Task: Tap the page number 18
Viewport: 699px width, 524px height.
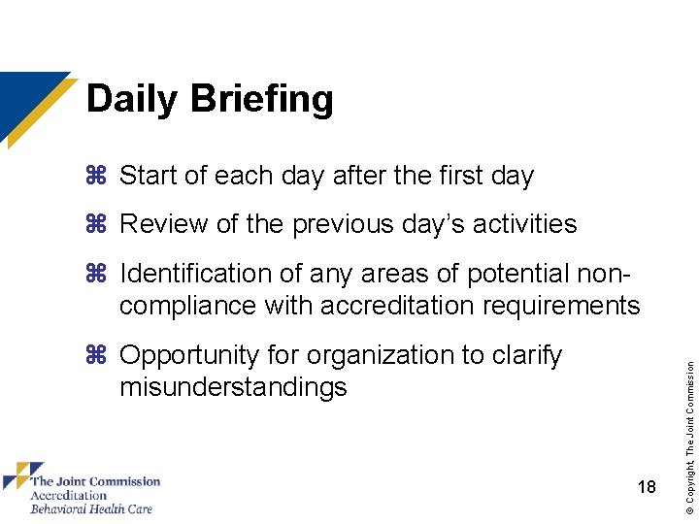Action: pyautogui.click(x=648, y=488)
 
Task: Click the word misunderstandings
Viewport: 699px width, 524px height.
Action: pyautogui.click(x=233, y=387)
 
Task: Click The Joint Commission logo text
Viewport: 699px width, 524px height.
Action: pyautogui.click(x=95, y=481)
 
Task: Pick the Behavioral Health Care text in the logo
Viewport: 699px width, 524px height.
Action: pyautogui.click(x=91, y=508)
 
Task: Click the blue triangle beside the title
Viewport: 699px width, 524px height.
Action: pyautogui.click(x=24, y=97)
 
